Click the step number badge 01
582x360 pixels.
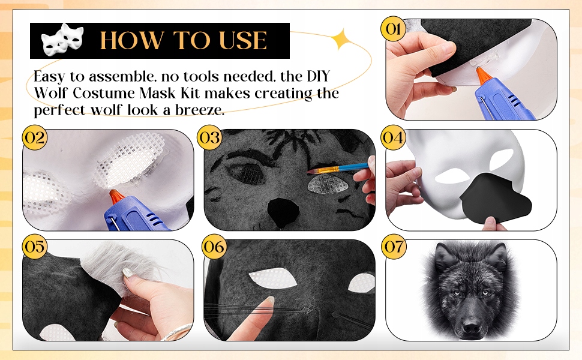coord(394,29)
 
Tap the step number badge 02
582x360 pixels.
coord(35,137)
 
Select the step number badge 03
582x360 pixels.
coord(210,137)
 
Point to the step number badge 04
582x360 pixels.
coord(394,137)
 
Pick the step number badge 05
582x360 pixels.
coord(35,247)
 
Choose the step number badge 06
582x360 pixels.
coord(214,247)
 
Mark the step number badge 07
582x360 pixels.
coord(394,247)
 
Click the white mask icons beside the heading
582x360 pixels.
coord(62,40)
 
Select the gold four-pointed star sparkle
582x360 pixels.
coord(343,39)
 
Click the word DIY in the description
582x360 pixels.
coord(318,76)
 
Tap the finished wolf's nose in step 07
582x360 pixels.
coord(472,326)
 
